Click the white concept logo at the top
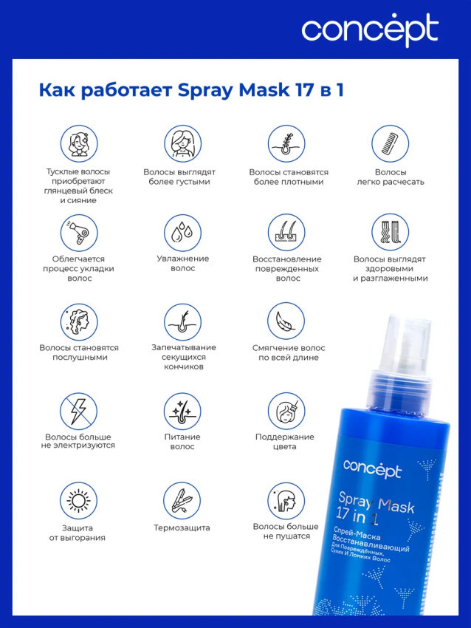coord(370,30)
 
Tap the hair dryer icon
coord(79,232)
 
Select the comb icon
coord(391,143)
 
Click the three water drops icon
coord(182,232)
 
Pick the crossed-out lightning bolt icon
coord(79,411)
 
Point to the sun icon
coord(78,501)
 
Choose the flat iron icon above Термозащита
coord(182,501)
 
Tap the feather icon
coord(286,321)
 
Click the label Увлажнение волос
coord(183,264)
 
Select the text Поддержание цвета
coord(285,441)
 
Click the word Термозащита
coord(182,528)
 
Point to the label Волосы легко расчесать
coord(391,177)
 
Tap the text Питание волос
coord(182,441)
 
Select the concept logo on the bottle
coord(372,468)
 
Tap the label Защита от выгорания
coord(78,533)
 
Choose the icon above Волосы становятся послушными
coord(79,322)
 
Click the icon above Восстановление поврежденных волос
coord(286,232)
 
